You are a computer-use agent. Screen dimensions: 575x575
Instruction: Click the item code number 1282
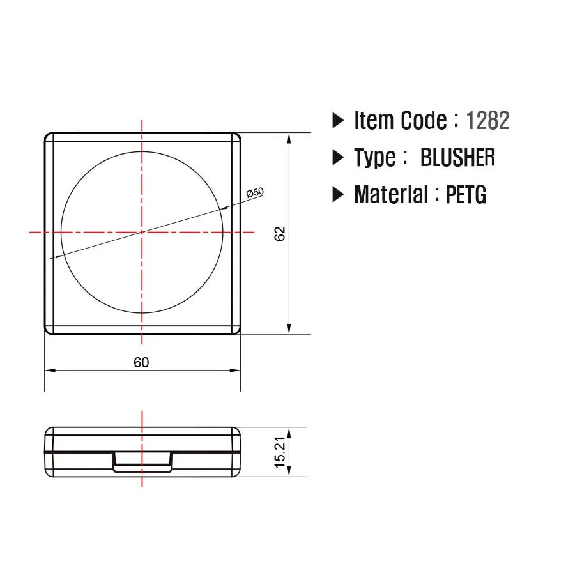point(487,120)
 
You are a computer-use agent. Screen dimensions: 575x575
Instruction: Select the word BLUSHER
point(457,157)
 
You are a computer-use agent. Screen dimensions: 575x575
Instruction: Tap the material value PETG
point(466,194)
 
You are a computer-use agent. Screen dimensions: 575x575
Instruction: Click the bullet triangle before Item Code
point(338,121)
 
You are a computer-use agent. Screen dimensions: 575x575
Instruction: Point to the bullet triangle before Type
point(338,158)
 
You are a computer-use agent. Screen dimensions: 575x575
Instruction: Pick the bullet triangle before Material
point(338,195)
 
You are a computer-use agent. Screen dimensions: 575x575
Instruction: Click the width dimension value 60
point(141,362)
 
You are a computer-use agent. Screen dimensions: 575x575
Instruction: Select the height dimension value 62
point(280,233)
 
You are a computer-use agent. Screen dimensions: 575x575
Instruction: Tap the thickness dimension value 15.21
point(280,452)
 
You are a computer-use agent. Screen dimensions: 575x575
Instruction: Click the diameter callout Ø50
point(255,192)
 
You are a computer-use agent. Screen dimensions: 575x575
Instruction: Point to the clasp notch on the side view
point(142,462)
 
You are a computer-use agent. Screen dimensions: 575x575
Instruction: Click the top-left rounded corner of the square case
point(49,137)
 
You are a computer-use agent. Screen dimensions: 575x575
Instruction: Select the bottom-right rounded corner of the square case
point(236,330)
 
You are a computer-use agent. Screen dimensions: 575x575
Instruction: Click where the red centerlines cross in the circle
point(142,232)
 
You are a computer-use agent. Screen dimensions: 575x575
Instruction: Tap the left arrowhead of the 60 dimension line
point(49,370)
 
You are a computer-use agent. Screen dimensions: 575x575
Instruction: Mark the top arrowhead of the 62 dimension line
point(290,137)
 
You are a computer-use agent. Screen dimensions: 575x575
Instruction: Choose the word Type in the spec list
point(374,158)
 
